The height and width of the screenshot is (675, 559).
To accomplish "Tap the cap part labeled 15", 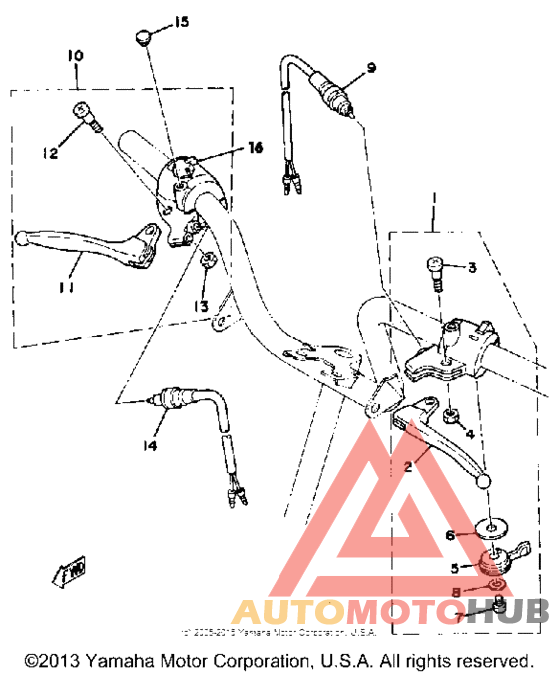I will point(141,38).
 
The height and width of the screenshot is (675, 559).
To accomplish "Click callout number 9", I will point(370,68).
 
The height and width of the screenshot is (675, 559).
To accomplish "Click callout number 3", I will point(473,268).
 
